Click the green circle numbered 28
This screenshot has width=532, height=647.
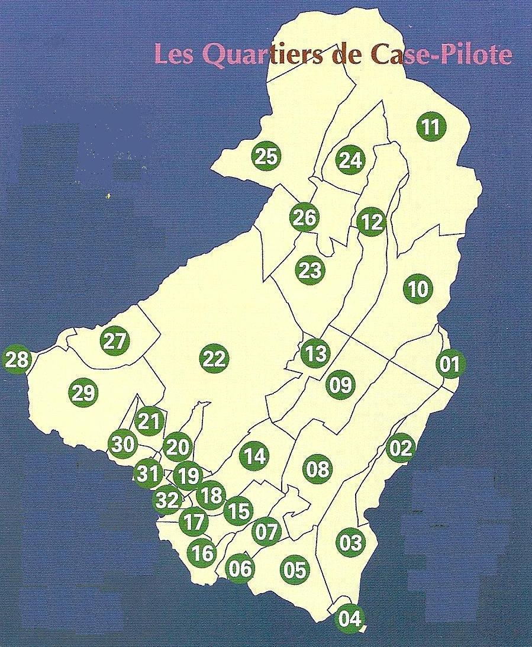pos(17,359)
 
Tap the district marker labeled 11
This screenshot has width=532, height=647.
pos(431,127)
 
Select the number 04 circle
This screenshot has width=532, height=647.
pos(350,619)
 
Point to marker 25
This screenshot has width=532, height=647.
pos(266,156)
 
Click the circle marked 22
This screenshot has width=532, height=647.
pos(214,358)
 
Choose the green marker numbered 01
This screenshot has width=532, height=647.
pos(450,363)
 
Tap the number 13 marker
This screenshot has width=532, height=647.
pos(315,354)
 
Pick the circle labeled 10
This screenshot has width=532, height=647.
pos(418,289)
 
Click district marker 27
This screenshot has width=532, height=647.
pos(115,341)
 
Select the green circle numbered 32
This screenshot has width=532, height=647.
pos(168,500)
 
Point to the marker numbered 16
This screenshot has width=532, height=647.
pos(202,553)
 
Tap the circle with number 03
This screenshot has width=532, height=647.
pos(351,542)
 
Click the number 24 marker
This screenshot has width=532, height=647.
pos(350,160)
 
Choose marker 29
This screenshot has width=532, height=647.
pos(83,392)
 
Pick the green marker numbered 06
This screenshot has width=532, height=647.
pos(240,568)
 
